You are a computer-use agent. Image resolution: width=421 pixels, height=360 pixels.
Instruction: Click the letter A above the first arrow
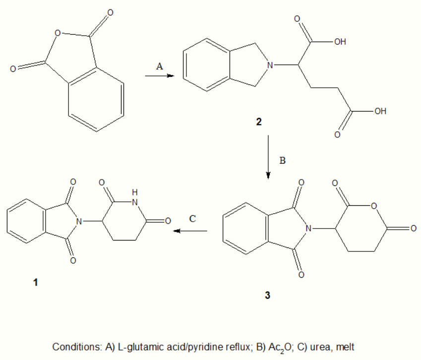(159, 66)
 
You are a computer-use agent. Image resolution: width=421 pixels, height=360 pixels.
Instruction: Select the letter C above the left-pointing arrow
(194, 219)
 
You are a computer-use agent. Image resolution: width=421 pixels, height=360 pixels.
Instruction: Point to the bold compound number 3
(268, 296)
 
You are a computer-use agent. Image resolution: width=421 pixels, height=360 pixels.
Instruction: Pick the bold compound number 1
(35, 283)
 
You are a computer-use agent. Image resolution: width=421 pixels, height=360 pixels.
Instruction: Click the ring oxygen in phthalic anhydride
(58, 34)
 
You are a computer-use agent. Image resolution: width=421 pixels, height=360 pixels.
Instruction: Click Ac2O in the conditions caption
(273, 346)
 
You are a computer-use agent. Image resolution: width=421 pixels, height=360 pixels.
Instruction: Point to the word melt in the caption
(345, 346)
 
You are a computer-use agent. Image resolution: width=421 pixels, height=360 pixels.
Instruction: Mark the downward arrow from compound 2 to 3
(268, 156)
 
